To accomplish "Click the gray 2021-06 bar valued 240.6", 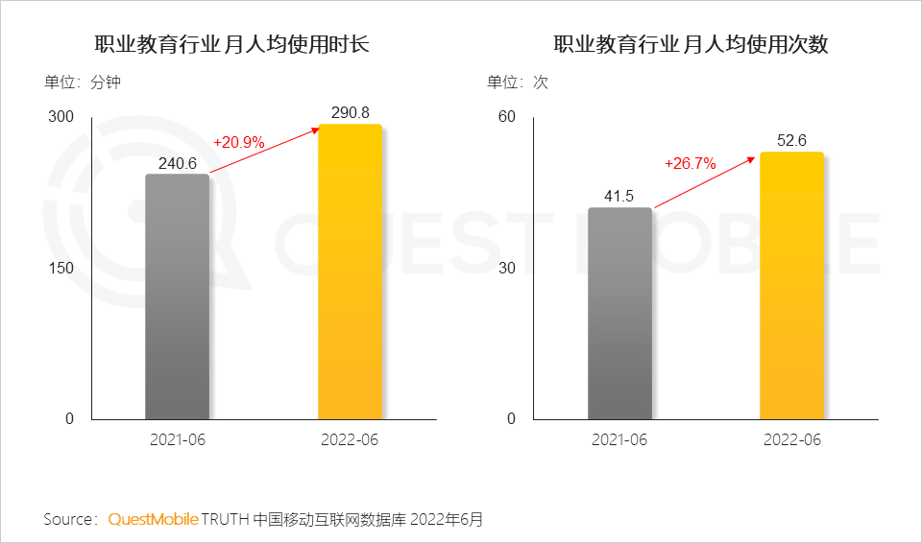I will (177, 297).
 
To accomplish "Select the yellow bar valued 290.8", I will (350, 272).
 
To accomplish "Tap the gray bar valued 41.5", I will (619, 314).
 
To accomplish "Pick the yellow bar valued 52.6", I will (791, 286).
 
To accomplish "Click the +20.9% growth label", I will (239, 142).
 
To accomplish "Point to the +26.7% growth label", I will (690, 163).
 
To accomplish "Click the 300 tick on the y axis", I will (61, 117).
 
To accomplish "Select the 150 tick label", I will (61, 268).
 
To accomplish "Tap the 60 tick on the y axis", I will (506, 117).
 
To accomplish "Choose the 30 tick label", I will (506, 268).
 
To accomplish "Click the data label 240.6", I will (177, 164).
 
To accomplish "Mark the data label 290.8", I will (350, 113).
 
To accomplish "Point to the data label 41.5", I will (619, 197).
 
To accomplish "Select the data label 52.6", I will (791, 141).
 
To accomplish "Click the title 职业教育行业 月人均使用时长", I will (231, 44).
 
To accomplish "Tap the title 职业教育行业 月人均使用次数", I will (691, 44).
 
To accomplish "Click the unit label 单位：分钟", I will (82, 83).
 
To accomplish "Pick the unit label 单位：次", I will (517, 83).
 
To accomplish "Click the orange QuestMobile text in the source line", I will (153, 520).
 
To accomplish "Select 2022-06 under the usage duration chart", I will (350, 440).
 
